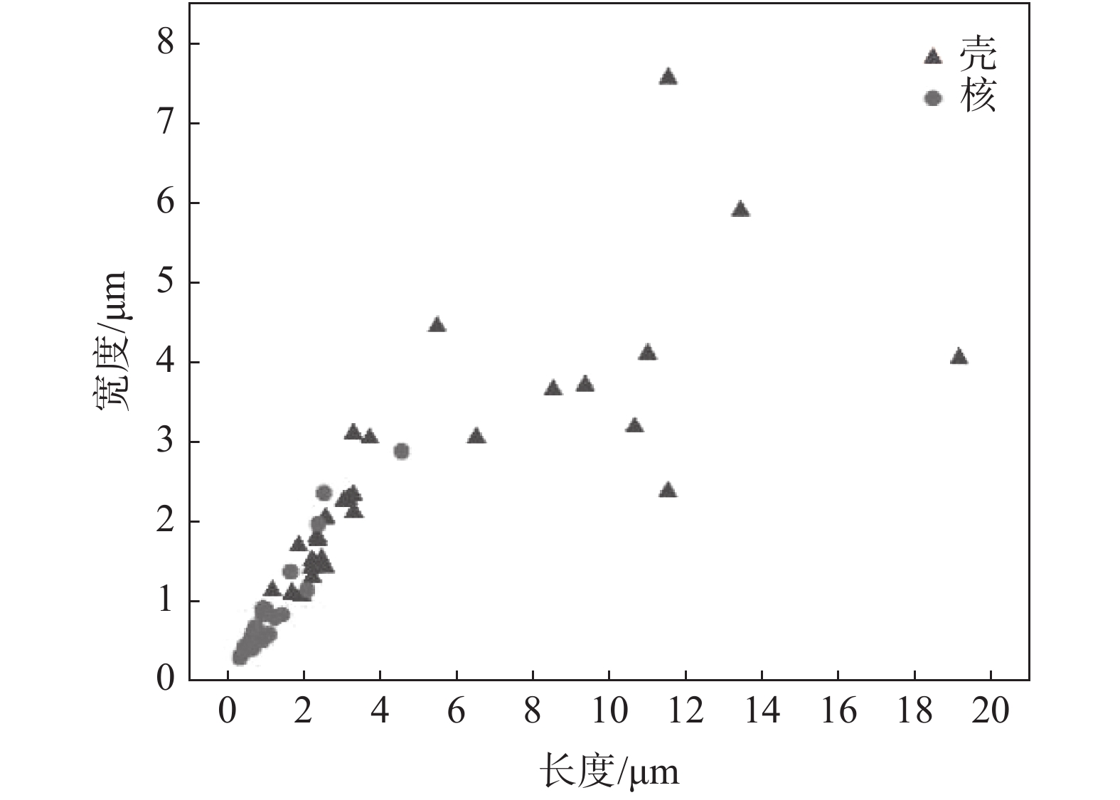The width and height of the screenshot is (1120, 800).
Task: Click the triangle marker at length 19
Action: (x=959, y=357)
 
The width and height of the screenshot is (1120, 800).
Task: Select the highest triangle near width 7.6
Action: (x=668, y=78)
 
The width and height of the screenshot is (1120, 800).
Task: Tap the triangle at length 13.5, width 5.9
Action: (x=740, y=210)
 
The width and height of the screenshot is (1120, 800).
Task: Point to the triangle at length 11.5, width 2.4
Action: (x=667, y=490)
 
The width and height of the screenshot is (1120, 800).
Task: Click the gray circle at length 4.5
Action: (x=401, y=451)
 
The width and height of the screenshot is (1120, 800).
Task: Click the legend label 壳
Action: (x=978, y=55)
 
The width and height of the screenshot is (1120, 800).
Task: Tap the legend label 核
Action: (x=978, y=97)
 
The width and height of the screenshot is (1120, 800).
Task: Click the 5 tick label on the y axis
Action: (x=164, y=283)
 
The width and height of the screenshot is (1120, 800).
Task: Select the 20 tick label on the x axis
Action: (x=991, y=711)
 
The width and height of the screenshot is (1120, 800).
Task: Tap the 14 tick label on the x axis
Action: (x=762, y=711)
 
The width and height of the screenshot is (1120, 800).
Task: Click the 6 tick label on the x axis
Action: (x=457, y=711)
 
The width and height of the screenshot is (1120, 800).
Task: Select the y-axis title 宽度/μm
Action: (x=112, y=341)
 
